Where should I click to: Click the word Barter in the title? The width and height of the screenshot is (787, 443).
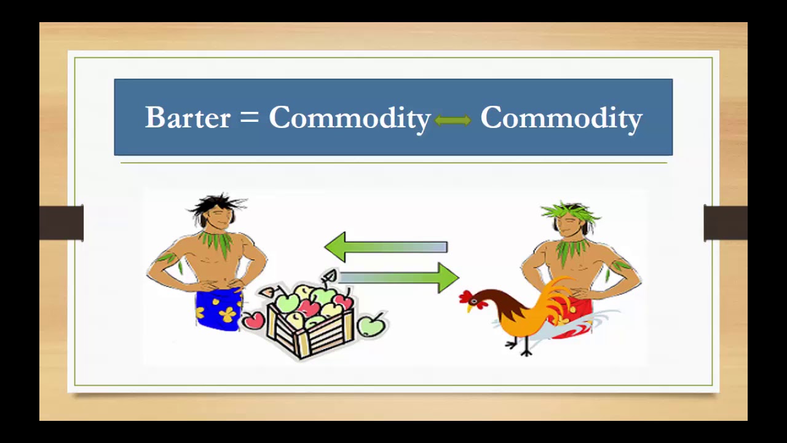[x=188, y=117]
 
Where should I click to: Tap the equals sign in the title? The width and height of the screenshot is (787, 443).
[x=249, y=116]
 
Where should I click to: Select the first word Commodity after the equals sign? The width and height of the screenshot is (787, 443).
[x=349, y=118]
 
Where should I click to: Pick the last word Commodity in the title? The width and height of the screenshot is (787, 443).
[x=561, y=118]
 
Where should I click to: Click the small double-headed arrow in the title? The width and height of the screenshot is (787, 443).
[x=453, y=121]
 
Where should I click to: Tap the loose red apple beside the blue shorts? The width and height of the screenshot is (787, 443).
[x=252, y=320]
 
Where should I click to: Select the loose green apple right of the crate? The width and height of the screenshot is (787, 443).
[x=371, y=324]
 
